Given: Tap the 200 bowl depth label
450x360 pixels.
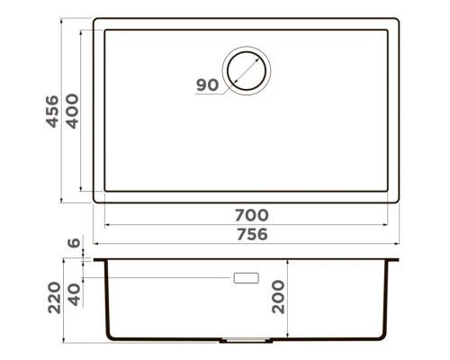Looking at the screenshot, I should coord(281,296).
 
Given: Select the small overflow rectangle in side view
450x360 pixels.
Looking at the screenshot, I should coord(245,278).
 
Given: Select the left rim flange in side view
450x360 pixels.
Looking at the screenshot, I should coord(102,259).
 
